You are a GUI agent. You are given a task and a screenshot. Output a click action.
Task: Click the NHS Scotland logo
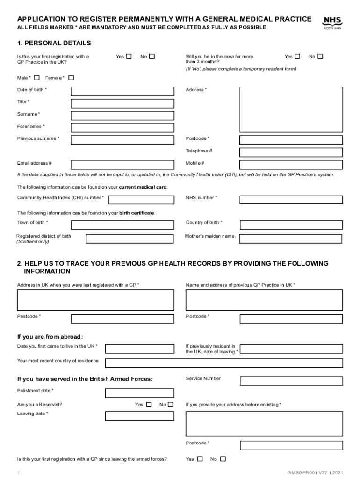tap(332, 23)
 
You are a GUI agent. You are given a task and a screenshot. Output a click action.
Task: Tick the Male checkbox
tap(37, 78)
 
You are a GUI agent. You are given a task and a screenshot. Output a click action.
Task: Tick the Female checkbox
tap(71, 78)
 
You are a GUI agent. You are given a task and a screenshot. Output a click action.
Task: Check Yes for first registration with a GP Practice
tap(129, 57)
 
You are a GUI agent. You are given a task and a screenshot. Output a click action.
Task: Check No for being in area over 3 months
tap(320, 57)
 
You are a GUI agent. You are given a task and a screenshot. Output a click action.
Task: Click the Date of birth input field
tap(122, 91)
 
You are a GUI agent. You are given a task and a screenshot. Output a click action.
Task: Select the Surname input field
tap(122, 116)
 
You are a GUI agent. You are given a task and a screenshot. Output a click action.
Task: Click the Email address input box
tap(122, 165)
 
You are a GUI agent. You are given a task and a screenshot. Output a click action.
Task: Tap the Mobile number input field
tap(291, 165)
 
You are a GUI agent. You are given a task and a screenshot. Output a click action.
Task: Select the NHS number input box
tap(291, 200)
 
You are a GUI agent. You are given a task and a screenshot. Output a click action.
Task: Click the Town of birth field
tap(122, 224)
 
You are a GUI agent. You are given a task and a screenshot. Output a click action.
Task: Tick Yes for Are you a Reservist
tap(149, 405)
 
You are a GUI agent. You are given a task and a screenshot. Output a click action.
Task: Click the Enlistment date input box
tap(133, 393)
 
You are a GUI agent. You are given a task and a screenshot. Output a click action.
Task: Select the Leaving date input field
tap(133, 416)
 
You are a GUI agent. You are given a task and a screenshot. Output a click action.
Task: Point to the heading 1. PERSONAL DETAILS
tap(54, 43)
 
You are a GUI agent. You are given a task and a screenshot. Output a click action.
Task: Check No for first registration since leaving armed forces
tap(223, 459)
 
